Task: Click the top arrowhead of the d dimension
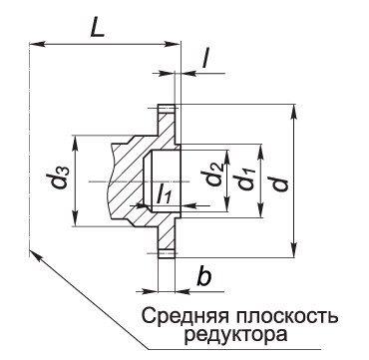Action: tap(294, 109)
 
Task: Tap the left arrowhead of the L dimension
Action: tap(35, 44)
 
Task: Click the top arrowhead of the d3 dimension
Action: tap(76, 139)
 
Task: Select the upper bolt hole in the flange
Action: tap(168, 111)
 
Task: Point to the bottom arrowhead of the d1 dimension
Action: tap(256, 213)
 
